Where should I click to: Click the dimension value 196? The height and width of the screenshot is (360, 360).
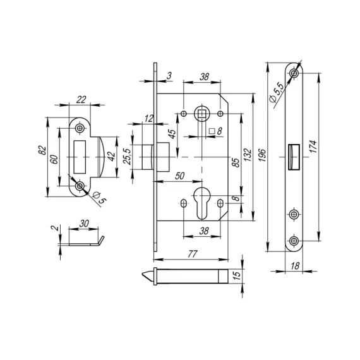point(262,155)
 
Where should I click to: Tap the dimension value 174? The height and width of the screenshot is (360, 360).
point(313,147)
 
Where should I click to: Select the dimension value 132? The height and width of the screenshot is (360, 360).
point(248,155)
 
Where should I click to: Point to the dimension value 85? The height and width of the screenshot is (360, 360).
point(236,162)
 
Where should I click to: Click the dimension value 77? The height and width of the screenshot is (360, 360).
point(193,254)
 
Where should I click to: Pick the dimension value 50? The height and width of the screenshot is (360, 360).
point(179,176)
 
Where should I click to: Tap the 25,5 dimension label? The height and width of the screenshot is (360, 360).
point(127,157)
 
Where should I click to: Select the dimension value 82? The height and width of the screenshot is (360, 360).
point(43,150)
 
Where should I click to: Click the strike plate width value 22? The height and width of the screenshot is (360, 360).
point(81,100)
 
